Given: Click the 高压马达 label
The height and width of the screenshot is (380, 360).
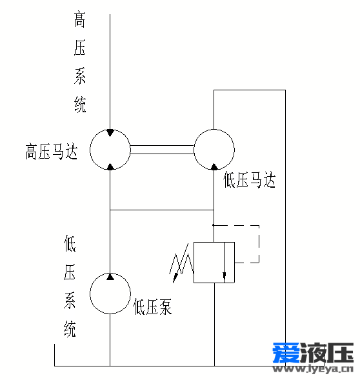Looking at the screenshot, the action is click(x=52, y=152).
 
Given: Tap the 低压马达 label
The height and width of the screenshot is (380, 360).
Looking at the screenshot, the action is click(x=249, y=179).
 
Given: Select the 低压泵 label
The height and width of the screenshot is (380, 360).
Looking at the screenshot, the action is click(x=152, y=306).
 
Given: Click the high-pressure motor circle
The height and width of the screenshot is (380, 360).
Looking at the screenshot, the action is click(x=90, y=150).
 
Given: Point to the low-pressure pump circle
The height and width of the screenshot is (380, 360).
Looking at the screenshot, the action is click(x=90, y=294).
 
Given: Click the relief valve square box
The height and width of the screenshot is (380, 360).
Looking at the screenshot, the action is click(x=194, y=263).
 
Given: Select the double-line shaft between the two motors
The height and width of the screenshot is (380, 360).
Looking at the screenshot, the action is click(x=162, y=150).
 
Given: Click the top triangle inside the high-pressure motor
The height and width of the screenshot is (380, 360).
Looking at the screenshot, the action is click(x=110, y=132).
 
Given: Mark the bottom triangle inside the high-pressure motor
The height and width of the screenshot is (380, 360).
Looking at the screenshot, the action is click(x=110, y=166).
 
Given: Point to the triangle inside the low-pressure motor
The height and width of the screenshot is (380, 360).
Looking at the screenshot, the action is click(x=214, y=166).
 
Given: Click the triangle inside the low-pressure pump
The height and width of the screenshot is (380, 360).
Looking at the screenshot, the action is click(x=110, y=277).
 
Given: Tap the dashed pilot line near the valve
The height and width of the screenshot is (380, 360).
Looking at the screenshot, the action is click(x=259, y=244).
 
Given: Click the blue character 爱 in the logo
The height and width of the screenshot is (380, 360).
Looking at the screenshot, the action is click(x=286, y=353).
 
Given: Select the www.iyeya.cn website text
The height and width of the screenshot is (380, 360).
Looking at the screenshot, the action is click(x=312, y=368).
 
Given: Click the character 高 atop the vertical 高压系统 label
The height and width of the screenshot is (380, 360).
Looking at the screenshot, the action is click(x=79, y=19).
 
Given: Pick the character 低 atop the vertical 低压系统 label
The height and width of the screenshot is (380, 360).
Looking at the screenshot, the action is click(x=70, y=243).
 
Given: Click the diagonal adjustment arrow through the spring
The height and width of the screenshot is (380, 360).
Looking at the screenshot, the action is click(x=181, y=263).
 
